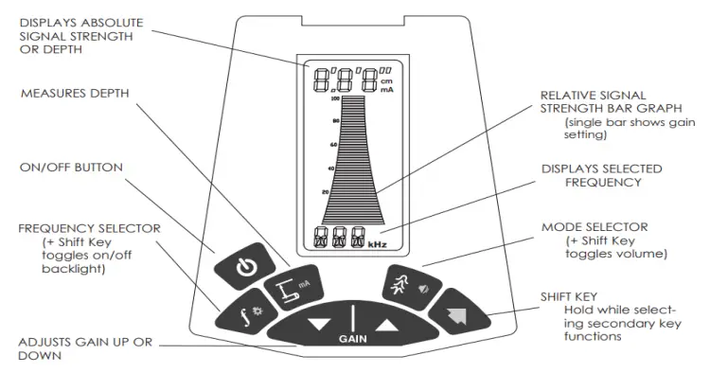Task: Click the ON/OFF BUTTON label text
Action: [x=71, y=168]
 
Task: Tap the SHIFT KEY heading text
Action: [x=568, y=295]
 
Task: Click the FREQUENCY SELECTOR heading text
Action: [x=88, y=228]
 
